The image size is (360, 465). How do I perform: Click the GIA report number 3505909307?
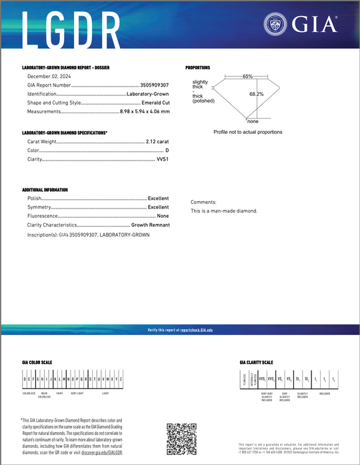pos(155,85)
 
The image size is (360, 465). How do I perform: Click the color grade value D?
pos(167,151)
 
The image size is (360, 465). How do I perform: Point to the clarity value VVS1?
pos(162,159)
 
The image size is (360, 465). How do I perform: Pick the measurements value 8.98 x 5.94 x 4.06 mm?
pos(144,111)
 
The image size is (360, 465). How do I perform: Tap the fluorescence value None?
pos(163,216)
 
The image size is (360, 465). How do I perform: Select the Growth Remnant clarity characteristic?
pos(150,225)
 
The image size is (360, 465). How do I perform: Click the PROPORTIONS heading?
pos(197,68)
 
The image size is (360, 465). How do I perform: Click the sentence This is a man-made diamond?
pos(224,211)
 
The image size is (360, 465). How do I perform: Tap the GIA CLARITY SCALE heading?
pos(257,362)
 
